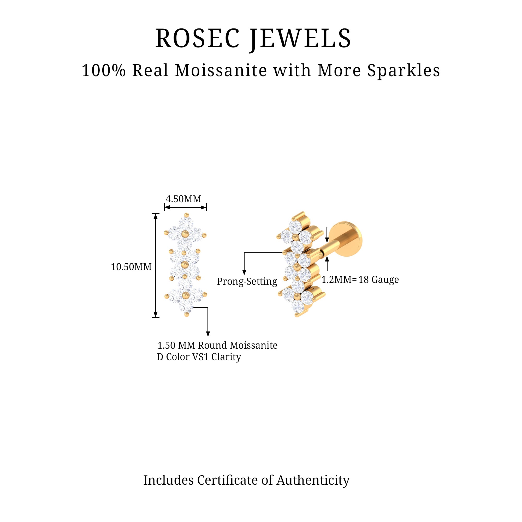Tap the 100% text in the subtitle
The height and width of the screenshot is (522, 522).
click(104, 71)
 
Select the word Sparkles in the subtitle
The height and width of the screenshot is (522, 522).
click(404, 71)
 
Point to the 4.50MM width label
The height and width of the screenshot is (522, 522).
click(183, 199)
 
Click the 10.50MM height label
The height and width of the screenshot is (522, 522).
click(131, 267)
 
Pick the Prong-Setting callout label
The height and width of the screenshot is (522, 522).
click(247, 282)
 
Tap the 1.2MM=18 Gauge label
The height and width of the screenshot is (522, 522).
click(360, 280)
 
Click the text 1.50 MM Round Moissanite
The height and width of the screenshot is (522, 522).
click(217, 345)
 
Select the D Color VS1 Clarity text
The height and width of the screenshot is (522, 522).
click(199, 357)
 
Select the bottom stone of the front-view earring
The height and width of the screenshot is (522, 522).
click(186, 307)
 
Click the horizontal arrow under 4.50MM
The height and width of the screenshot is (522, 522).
click(185, 207)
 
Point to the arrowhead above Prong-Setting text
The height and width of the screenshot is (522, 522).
click(244, 272)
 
